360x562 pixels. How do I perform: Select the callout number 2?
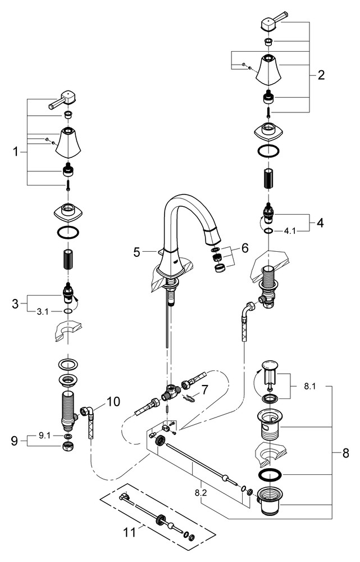[x=320, y=75]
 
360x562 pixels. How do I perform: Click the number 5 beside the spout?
[x=136, y=252]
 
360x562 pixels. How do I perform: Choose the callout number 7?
[x=205, y=389]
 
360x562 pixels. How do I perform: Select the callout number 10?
[x=113, y=402]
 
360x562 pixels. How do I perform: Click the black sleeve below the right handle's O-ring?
[x=268, y=179]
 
